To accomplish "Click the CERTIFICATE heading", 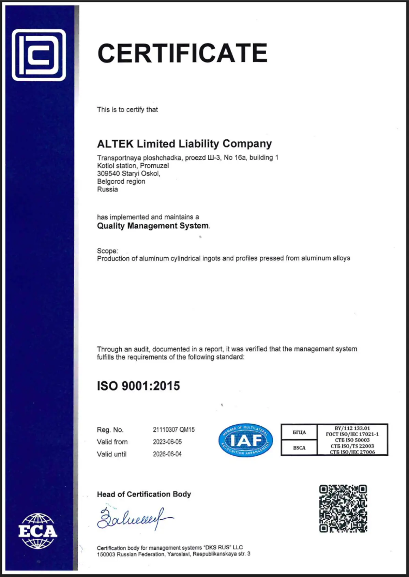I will tap(182, 53).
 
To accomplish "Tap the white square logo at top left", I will tap(39, 55).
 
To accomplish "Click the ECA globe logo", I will tap(37, 531).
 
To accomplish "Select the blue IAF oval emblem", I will tap(245, 440).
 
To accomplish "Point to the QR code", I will tap(343, 508).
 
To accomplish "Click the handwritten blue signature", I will tap(135, 518).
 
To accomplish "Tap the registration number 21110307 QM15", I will tap(173, 429).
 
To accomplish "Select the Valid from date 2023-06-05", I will tap(167, 442).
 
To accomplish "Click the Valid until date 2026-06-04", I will tap(167, 454).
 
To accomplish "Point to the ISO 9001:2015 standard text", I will tap(138, 386).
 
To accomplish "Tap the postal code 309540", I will tap(108, 173).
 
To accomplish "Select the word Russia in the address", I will tap(107, 189).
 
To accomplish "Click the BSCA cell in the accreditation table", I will tap(299, 448).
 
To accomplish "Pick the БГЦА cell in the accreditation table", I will tap(299, 432).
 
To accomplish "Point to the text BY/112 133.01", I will tap(352, 428).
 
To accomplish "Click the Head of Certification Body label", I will tap(144, 494).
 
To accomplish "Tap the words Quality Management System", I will tap(153, 226).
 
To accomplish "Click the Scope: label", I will tap(107, 251).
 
